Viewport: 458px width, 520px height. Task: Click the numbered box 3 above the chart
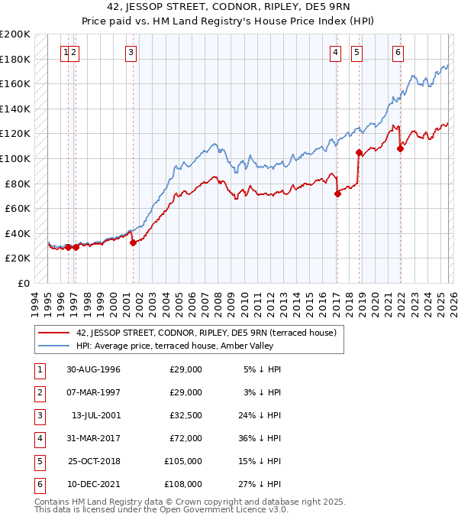(x=131, y=52)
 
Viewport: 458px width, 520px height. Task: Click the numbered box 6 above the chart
(x=398, y=52)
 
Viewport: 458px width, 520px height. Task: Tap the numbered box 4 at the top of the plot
(x=336, y=52)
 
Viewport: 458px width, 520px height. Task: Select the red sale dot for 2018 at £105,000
(x=359, y=152)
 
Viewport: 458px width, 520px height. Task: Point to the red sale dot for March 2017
(x=337, y=193)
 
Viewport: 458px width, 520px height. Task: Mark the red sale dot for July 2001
(x=133, y=242)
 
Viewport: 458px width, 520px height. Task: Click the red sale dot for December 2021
(x=400, y=149)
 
